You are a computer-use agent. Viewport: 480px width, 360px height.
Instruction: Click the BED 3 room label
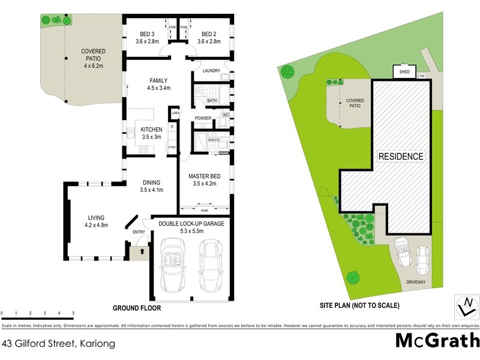(x=147, y=34)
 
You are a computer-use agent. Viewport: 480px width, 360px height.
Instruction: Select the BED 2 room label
(x=209, y=34)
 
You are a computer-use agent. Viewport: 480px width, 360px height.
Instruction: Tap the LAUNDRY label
(x=212, y=71)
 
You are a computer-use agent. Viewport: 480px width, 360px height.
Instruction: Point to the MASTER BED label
(x=205, y=176)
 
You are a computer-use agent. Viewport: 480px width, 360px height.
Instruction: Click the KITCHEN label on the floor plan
(x=151, y=130)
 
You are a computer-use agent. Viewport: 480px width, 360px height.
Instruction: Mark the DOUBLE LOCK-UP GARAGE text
(x=191, y=223)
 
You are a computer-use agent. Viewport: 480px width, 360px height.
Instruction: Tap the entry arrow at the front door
(x=141, y=252)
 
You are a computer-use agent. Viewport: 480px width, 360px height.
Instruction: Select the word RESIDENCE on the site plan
(x=401, y=157)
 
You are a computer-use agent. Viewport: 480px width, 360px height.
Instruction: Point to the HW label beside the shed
(x=422, y=76)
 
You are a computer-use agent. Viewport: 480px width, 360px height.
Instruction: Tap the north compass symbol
(x=464, y=306)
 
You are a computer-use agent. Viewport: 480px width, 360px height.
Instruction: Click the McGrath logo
(x=437, y=340)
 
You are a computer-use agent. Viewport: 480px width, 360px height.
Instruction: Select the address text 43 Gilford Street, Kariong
(x=58, y=344)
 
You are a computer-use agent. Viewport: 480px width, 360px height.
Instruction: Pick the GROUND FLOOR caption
(x=137, y=308)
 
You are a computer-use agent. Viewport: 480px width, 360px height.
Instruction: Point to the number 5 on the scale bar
(x=73, y=313)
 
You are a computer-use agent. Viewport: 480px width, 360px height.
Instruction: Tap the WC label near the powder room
(x=226, y=114)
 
